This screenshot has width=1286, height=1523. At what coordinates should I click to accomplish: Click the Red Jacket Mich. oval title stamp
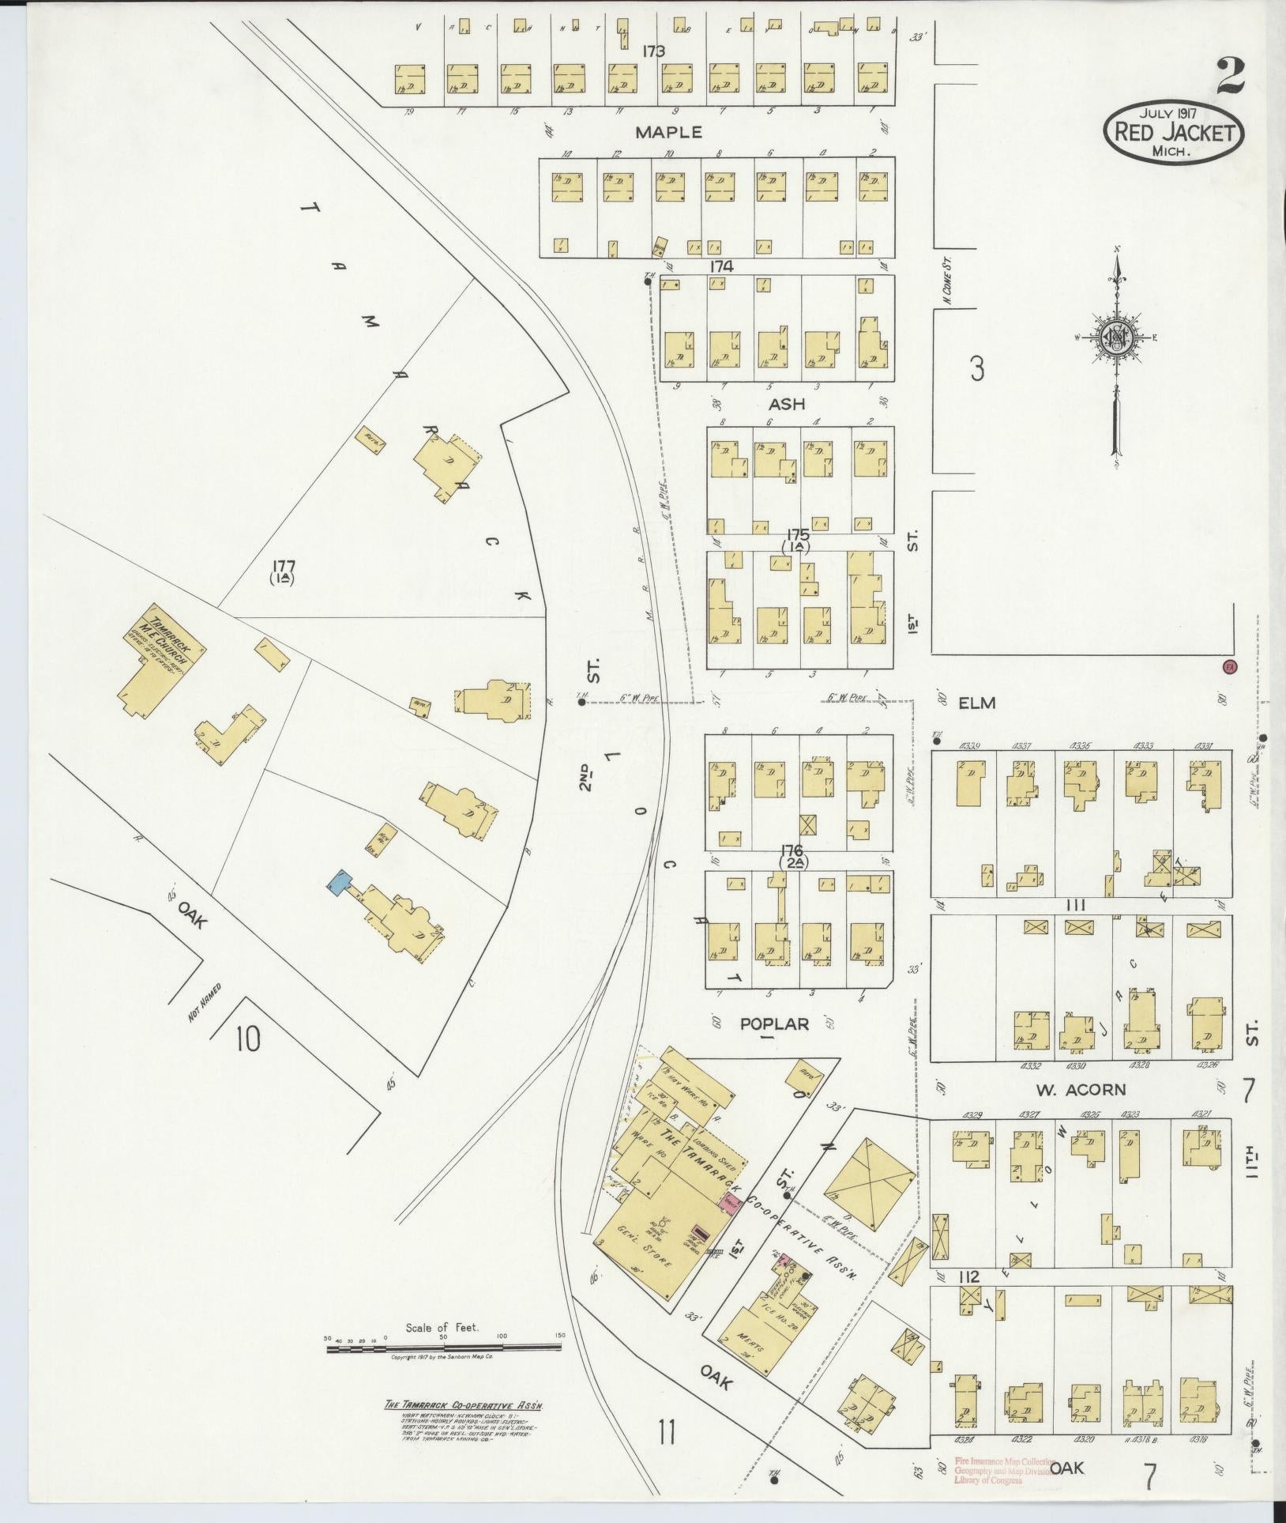1173,132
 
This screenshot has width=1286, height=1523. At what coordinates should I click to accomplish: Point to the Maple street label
668,132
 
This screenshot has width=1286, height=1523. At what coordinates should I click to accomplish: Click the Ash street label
787,404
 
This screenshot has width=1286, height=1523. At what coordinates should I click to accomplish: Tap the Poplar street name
773,1024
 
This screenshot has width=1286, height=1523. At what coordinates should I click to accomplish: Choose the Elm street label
977,702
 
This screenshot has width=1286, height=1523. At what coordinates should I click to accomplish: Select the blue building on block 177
340,881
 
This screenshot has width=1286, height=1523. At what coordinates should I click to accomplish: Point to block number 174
721,267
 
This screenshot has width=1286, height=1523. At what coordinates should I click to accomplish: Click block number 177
282,565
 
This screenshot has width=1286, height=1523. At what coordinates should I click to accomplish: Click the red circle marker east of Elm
1228,666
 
